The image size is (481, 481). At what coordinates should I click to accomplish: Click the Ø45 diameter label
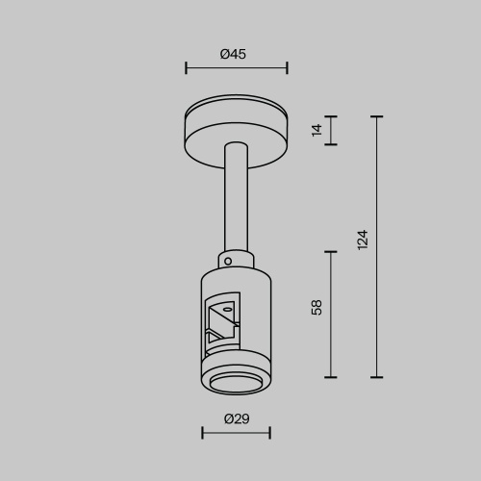click(x=234, y=54)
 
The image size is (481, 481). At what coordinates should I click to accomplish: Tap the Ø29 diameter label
click(x=236, y=418)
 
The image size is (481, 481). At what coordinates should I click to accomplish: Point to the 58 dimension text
click(x=317, y=308)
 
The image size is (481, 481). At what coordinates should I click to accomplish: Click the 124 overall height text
click(x=362, y=240)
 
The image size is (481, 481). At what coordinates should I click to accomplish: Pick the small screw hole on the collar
click(x=228, y=259)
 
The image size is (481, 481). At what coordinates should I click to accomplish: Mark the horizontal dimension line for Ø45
click(x=236, y=68)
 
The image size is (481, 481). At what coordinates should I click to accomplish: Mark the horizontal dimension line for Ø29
click(x=236, y=433)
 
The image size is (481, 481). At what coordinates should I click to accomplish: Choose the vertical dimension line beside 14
click(x=332, y=131)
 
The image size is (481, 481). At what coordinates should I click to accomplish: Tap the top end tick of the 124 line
click(x=376, y=116)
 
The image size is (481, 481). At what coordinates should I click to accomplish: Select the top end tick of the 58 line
click(x=332, y=252)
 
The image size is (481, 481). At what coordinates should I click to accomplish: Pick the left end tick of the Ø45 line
click(x=186, y=68)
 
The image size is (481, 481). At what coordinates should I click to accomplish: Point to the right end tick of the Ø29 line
click(x=269, y=433)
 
